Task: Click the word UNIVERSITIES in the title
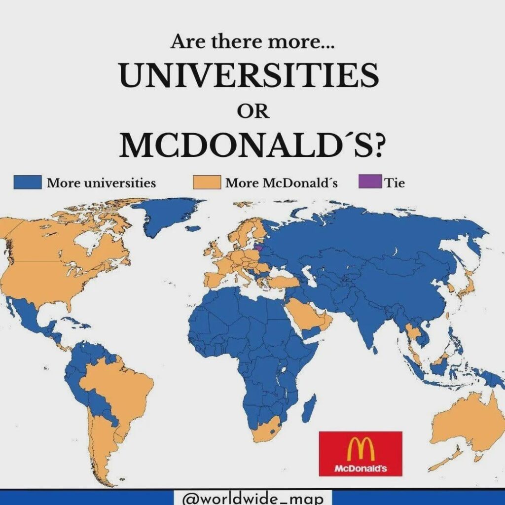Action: (249, 76)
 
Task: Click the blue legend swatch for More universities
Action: (27, 183)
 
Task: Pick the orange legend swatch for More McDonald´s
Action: (206, 183)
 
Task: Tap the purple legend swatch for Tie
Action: (369, 183)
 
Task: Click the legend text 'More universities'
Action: (101, 183)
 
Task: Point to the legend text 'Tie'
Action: (395, 183)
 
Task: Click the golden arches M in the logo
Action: (361, 449)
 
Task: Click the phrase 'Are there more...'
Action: (252, 42)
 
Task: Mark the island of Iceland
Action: (195, 229)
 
